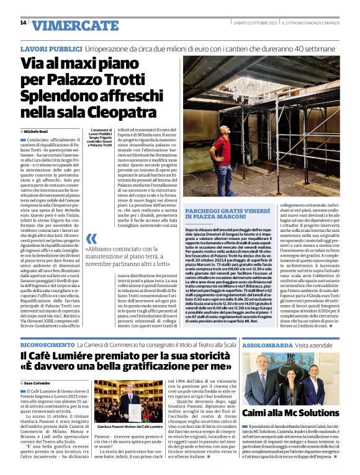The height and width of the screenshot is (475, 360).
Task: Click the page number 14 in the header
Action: point(23,23)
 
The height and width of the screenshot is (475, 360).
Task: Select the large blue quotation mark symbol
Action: point(91,239)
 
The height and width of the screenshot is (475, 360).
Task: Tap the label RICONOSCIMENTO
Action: point(46,344)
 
